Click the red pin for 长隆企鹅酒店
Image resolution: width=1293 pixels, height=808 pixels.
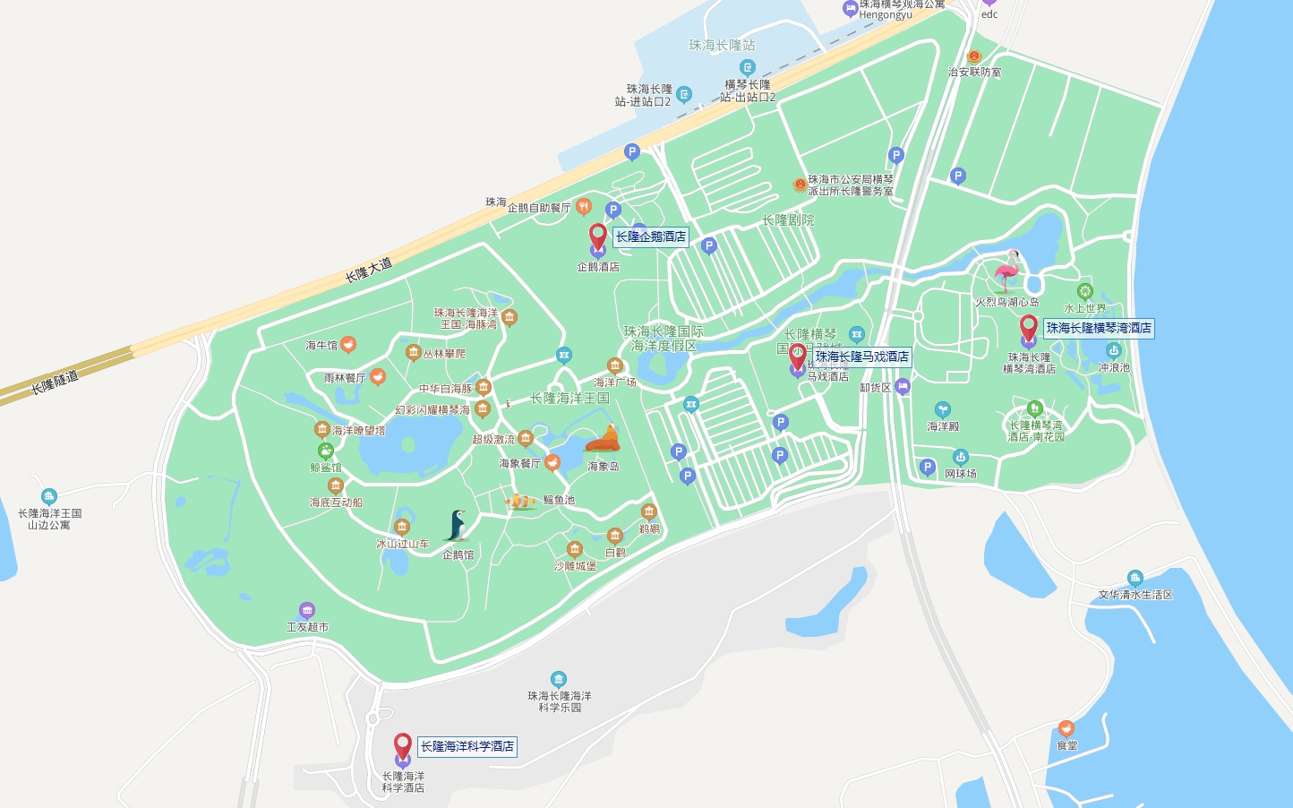pyautogui.click(x=598, y=236)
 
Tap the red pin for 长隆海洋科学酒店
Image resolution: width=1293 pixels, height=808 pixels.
pyautogui.click(x=403, y=745)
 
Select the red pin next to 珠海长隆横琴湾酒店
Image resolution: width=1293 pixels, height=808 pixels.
pyautogui.click(x=1029, y=328)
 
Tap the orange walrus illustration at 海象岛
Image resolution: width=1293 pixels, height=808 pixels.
pyautogui.click(x=604, y=440)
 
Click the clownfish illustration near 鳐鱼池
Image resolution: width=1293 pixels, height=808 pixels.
pyautogui.click(x=520, y=501)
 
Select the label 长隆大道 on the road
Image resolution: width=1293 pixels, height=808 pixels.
pyautogui.click(x=369, y=270)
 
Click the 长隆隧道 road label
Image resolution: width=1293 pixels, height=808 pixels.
pyautogui.click(x=55, y=383)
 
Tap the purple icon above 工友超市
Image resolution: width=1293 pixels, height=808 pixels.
pyautogui.click(x=307, y=611)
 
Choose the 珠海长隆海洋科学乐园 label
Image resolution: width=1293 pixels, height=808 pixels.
pyautogui.click(x=560, y=701)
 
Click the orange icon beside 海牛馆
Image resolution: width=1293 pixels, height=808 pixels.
pyautogui.click(x=348, y=344)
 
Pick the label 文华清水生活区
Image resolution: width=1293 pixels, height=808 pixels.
pyautogui.click(x=1135, y=595)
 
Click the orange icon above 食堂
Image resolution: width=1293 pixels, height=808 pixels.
pyautogui.click(x=1066, y=728)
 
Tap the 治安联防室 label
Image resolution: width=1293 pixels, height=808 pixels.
pyautogui.click(x=974, y=72)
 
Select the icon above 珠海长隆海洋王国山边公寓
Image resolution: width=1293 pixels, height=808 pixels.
pyautogui.click(x=49, y=496)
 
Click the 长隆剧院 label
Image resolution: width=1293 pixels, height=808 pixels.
pyautogui.click(x=788, y=220)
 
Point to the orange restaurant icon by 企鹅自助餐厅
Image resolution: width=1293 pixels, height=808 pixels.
pyautogui.click(x=583, y=207)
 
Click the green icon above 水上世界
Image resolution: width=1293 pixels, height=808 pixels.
pyautogui.click(x=1085, y=291)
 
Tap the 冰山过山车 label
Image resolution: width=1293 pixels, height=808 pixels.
pyautogui.click(x=403, y=544)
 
